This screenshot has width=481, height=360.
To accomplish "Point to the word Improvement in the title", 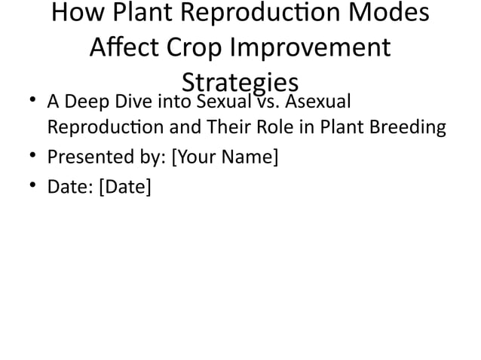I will [x=310, y=47].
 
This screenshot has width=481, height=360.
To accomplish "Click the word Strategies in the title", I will [x=240, y=81].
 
